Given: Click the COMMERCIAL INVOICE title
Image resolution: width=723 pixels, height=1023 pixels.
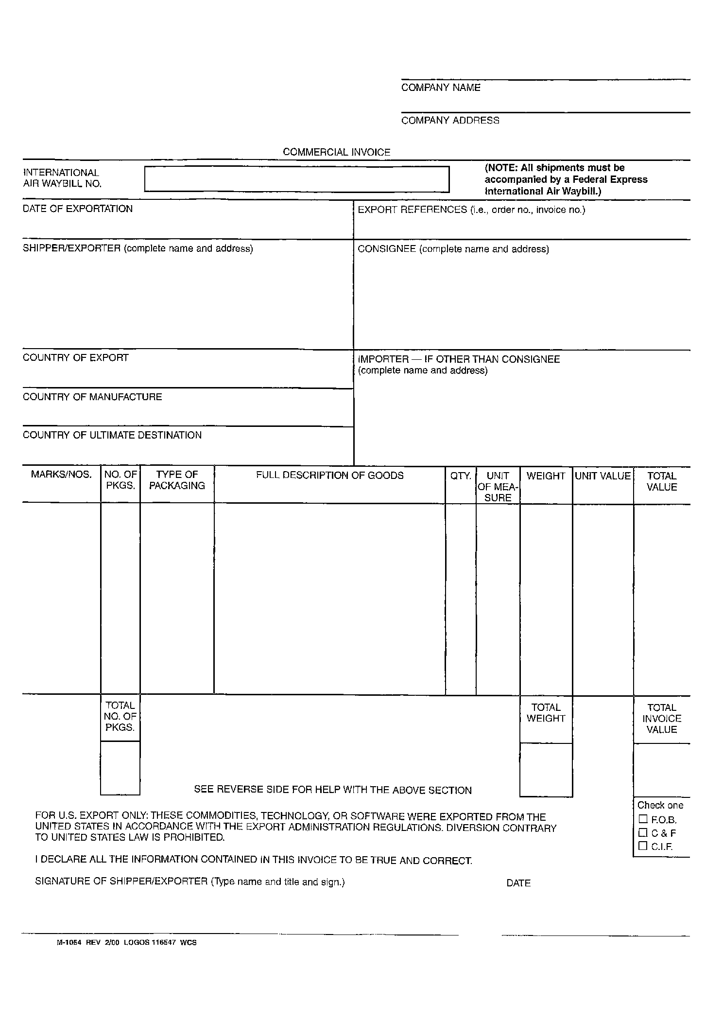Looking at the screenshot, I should point(336,152).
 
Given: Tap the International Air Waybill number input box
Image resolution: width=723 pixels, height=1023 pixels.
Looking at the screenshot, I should point(296,179).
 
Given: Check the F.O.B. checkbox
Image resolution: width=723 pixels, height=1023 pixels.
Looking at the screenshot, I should point(643,819).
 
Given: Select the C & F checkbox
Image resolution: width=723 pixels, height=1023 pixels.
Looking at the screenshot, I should point(643,832).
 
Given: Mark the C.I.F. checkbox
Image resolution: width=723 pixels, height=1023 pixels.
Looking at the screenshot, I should point(643,846).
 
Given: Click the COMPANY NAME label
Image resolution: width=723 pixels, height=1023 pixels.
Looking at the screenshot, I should point(441,88).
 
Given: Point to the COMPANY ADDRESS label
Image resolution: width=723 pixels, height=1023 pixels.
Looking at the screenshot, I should point(450,121).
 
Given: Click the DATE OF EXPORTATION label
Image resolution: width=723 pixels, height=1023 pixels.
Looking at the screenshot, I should point(78,209).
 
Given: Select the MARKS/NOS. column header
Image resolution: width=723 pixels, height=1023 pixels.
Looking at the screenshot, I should point(61,475).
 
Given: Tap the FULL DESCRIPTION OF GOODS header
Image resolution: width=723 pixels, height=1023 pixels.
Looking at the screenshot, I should point(330,476).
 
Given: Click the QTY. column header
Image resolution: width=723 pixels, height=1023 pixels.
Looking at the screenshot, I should point(461,476).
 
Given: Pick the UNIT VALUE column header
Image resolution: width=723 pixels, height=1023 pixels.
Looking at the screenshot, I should point(602,476).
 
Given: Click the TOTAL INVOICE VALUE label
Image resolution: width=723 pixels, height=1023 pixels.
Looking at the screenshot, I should point(662,718).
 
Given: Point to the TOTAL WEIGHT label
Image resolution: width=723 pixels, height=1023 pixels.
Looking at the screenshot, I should point(546,713).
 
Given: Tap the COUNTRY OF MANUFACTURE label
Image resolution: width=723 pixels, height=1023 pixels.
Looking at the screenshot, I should point(92,397).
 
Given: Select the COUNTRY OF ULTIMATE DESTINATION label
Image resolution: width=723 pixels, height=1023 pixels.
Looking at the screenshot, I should point(112,435).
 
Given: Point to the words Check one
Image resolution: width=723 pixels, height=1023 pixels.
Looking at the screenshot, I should point(660,805).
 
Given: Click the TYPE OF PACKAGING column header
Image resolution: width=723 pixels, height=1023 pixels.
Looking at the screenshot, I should point(177,480).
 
